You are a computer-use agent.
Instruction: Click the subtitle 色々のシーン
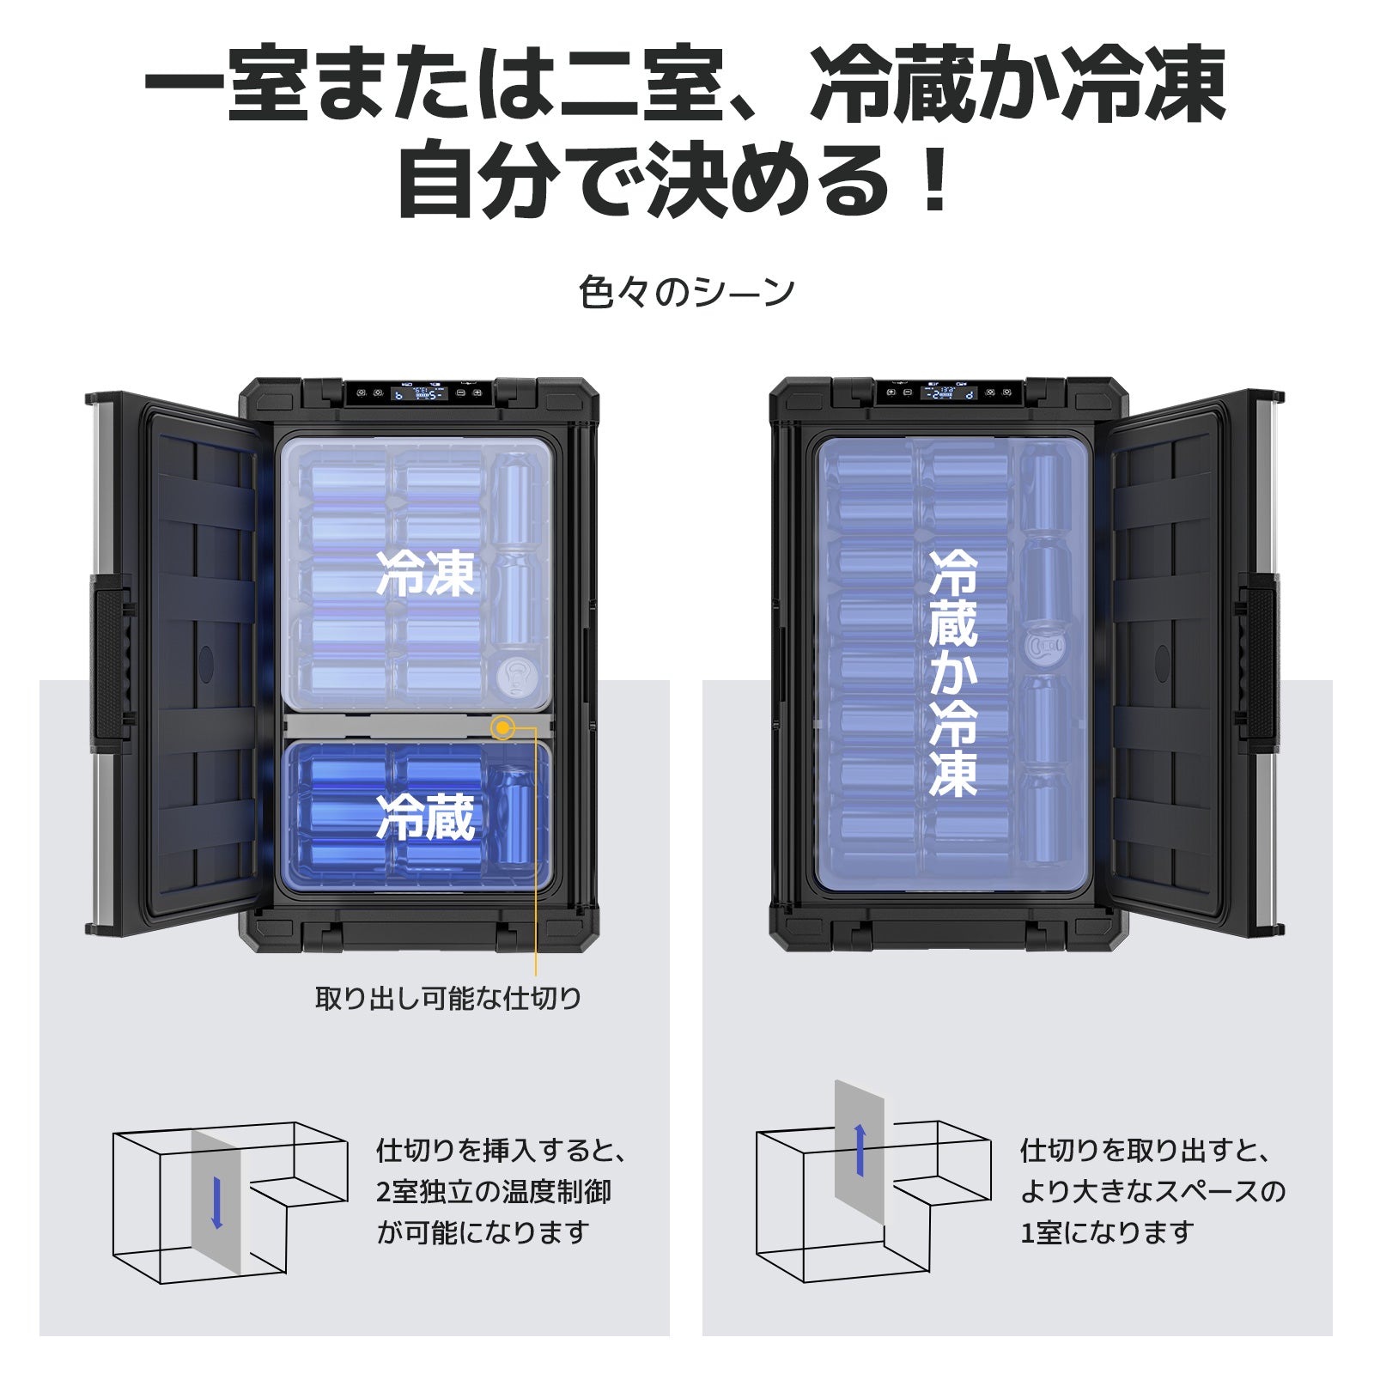pos(686,292)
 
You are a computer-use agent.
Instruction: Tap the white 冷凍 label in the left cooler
pos(426,574)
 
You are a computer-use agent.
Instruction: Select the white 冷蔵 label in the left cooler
pos(426,817)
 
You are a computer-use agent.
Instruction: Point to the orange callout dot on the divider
pos(502,728)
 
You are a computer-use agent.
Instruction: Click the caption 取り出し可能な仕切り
pos(448,998)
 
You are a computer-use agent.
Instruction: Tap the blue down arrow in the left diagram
pos(216,1202)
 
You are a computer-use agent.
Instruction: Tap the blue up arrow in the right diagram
pos(860,1151)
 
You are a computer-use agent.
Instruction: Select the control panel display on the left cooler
pos(418,393)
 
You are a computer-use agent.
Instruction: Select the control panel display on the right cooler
pos(949,392)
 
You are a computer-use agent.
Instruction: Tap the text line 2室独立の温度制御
pos(494,1191)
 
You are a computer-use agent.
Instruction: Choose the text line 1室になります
pos(1107,1232)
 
